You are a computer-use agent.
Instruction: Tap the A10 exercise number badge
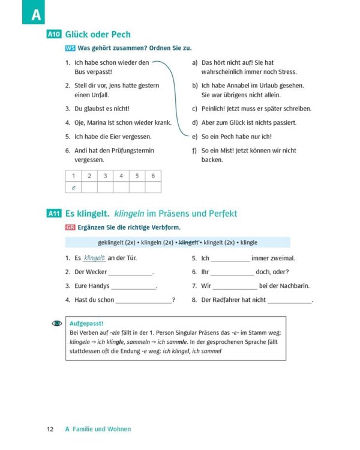[54, 35]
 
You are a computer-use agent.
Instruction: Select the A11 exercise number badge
[54, 214]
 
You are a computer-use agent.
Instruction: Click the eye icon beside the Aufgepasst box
[57, 323]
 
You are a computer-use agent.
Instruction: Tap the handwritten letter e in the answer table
[73, 187]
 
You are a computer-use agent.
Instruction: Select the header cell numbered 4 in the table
[121, 176]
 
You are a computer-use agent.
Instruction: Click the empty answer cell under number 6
[153, 187]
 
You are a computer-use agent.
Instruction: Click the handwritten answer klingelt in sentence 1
[95, 259]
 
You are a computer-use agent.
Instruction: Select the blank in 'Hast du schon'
[143, 300]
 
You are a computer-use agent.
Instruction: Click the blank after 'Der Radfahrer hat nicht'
[289, 300]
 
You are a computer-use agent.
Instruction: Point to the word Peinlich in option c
[215, 109]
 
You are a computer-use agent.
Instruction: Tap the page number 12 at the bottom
[50, 429]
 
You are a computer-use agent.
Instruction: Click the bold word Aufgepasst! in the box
[87, 323]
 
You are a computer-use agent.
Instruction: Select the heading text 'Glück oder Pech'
[98, 35]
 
